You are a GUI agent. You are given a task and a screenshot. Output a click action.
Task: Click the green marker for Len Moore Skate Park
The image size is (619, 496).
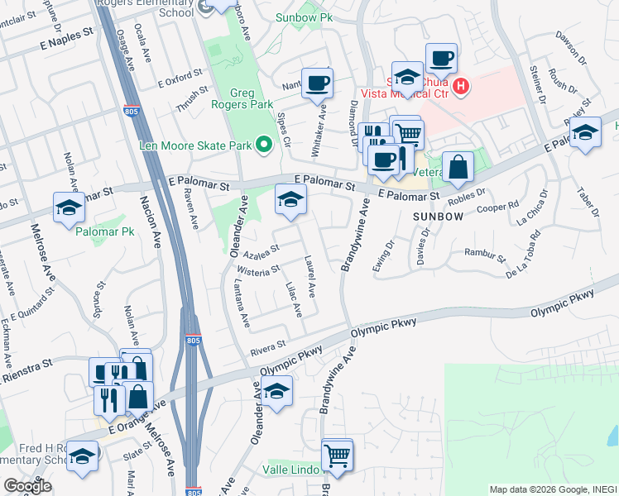point(265,145)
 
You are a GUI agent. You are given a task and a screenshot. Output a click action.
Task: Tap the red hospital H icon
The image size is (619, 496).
point(460,85)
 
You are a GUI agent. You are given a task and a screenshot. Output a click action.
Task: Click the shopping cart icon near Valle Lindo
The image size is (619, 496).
point(337,454)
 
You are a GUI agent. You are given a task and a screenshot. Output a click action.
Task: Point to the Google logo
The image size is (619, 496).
point(26,486)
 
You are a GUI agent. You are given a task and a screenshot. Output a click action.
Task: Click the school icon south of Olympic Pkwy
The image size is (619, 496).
point(277,391)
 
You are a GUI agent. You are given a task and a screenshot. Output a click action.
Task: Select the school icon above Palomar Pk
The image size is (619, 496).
point(70,207)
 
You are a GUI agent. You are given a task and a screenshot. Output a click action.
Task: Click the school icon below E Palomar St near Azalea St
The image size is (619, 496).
point(290,200)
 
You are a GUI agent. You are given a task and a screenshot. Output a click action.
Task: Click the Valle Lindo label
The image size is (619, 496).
point(286,470)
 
